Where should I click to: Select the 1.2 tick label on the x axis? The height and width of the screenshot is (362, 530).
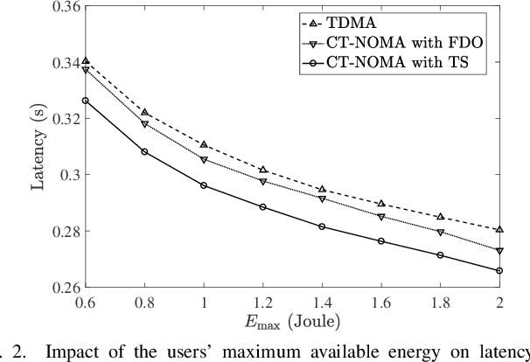point(262,301)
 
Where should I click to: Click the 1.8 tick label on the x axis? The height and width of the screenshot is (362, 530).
point(440,301)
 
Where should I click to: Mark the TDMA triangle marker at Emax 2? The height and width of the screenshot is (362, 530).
point(499,229)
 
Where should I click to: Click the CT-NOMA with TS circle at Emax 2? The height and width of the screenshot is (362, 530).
point(499,271)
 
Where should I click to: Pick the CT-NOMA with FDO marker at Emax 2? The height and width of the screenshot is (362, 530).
point(499,251)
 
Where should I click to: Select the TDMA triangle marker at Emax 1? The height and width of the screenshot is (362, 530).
point(203,144)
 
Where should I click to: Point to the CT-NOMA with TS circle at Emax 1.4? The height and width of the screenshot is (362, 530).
point(322,226)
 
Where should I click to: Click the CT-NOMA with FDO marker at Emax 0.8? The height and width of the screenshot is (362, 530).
point(143,124)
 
